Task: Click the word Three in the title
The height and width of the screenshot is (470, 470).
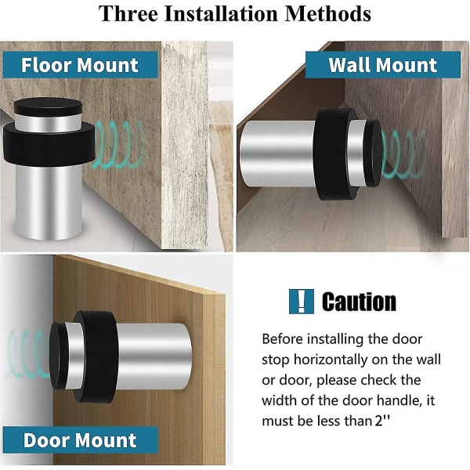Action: tap(128, 13)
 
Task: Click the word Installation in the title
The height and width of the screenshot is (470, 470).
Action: tap(221, 13)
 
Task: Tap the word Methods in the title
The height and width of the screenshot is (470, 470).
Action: tap(328, 13)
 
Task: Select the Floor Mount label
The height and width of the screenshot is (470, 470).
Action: tap(81, 65)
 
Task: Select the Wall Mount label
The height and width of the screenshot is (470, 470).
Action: tap(383, 65)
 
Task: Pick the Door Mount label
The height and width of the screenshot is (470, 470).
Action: tap(81, 440)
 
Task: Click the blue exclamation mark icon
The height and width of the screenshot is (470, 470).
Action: tap(302, 302)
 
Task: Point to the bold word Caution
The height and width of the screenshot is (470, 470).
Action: tap(359, 302)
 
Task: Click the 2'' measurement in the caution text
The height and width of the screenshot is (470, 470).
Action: tap(382, 421)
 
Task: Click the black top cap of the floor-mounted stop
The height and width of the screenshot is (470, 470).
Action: tap(48, 107)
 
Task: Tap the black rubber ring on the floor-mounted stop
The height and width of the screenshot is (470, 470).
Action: tap(49, 143)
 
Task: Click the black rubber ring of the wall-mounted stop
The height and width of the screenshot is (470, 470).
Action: tap(335, 154)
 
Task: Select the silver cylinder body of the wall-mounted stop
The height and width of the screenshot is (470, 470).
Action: tap(277, 154)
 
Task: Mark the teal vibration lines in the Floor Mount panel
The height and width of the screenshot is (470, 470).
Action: tap(120, 144)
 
